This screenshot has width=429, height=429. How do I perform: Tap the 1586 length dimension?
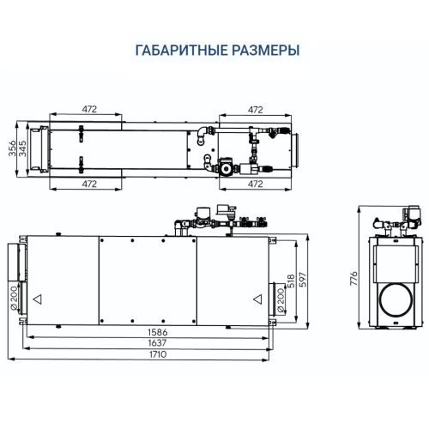pos(155,330)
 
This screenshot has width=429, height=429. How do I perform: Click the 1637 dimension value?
pos(155,342)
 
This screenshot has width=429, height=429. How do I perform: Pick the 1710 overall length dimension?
pos(155,355)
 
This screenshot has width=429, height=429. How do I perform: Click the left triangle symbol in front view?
pos(37,299)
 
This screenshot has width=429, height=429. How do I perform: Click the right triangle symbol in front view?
pos(257,299)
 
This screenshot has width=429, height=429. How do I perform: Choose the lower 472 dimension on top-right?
pos(255,184)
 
